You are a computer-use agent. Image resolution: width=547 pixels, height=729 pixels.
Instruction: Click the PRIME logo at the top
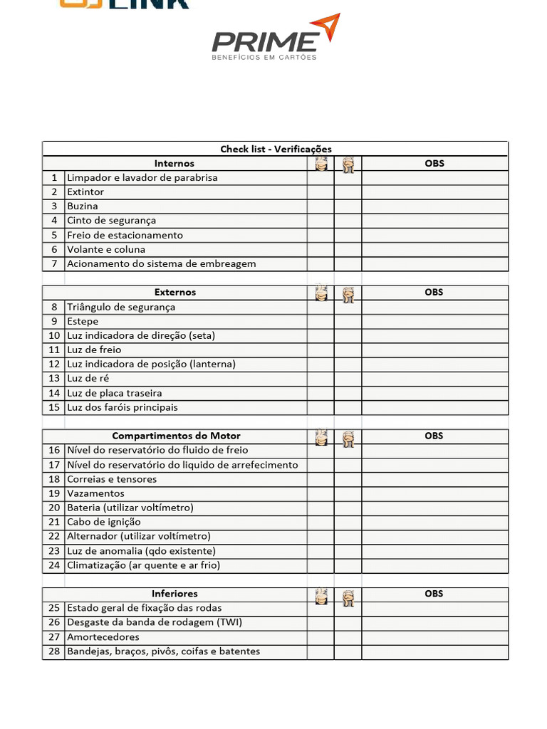point(275,39)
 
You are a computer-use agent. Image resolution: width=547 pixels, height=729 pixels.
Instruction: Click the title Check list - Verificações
point(276,149)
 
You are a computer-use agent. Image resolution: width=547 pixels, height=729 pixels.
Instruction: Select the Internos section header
point(174,163)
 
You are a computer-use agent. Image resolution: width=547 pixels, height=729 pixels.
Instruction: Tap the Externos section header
point(174,292)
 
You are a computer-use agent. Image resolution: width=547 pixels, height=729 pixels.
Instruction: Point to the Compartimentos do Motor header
point(176,436)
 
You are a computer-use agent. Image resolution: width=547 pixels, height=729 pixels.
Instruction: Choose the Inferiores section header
point(174,593)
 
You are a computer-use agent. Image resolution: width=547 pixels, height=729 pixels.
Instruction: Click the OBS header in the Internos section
point(434,163)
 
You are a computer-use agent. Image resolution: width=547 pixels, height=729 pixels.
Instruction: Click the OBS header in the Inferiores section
point(434,593)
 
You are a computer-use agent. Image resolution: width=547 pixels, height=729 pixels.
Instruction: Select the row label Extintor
point(85,192)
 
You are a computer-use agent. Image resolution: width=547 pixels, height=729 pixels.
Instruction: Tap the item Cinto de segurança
point(111,221)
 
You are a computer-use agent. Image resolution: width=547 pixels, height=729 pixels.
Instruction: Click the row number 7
point(54,263)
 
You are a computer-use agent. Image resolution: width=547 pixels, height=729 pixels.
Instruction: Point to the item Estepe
point(83,321)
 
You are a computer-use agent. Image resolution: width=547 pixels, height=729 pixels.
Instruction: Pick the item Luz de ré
point(88,378)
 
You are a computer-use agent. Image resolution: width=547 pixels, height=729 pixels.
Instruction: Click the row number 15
point(54,407)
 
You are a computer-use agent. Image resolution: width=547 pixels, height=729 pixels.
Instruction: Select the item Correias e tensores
point(112,479)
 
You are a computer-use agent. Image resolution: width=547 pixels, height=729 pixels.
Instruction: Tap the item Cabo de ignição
point(104,522)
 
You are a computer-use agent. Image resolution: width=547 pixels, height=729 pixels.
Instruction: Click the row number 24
point(54,565)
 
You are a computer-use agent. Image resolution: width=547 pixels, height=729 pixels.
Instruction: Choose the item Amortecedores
point(103,636)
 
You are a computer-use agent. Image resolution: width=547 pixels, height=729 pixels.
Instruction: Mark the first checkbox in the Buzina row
point(321,206)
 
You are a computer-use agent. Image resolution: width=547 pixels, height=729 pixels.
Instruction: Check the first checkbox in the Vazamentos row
point(321,493)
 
